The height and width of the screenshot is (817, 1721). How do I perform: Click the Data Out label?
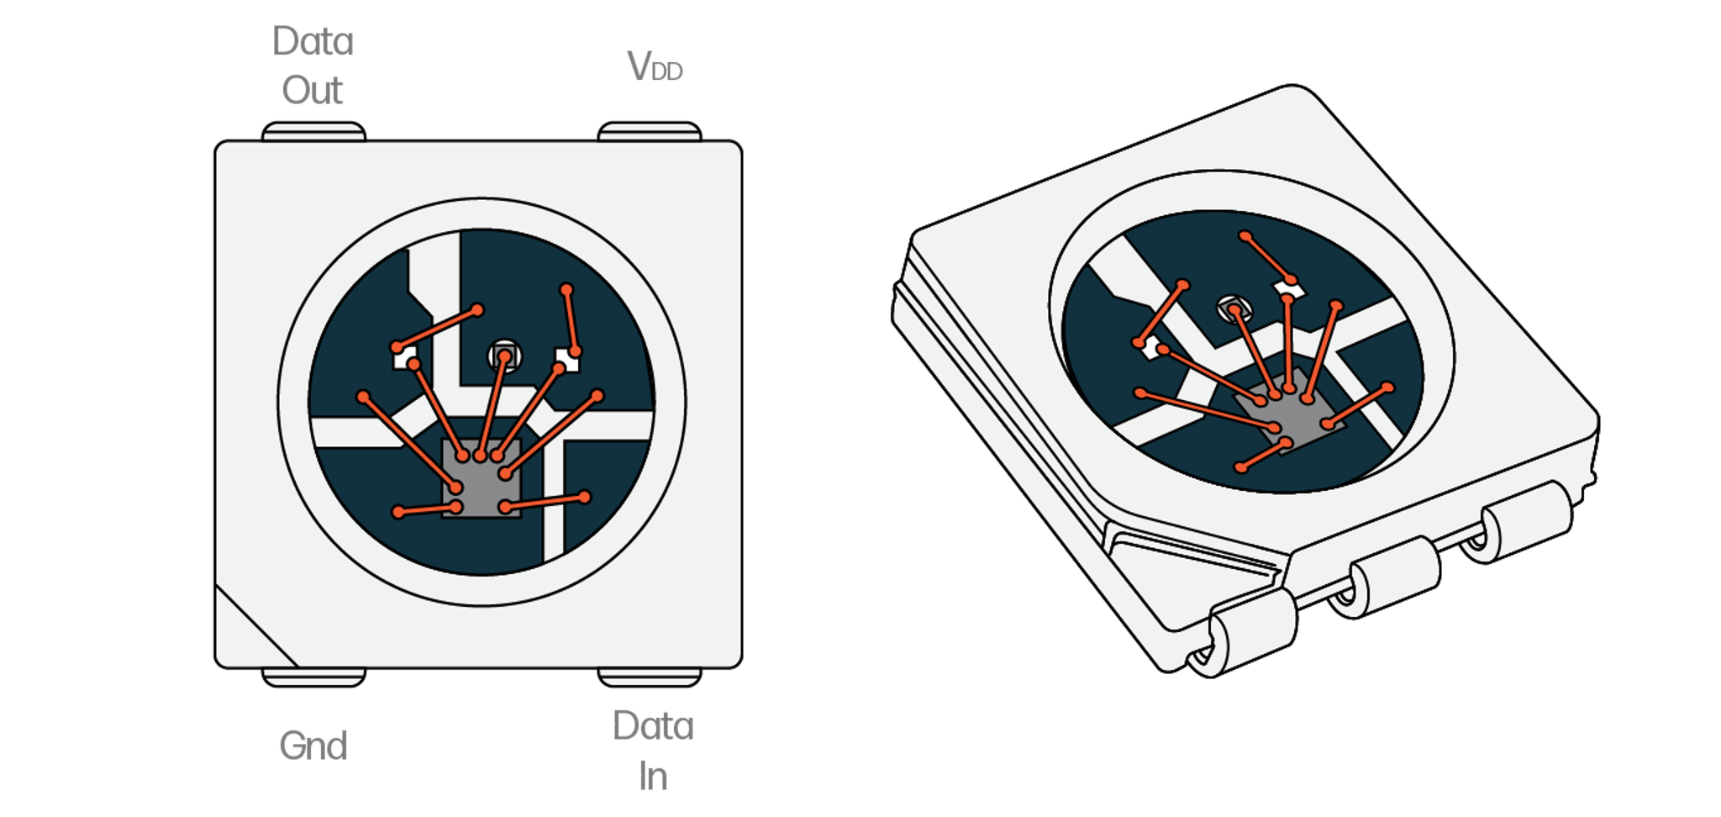[x=313, y=66]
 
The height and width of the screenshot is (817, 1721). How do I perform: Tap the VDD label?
[x=655, y=66]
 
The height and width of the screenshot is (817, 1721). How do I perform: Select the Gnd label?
[x=313, y=746]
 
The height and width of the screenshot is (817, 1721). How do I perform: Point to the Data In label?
[x=653, y=751]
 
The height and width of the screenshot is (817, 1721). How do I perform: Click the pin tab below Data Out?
[x=313, y=132]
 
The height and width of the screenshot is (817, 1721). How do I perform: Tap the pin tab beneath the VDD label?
[x=650, y=132]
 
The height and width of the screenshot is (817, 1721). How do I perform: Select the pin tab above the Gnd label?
[x=313, y=677]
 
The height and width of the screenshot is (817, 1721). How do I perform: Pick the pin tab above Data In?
[x=650, y=677]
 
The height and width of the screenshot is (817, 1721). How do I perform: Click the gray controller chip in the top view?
[x=482, y=479]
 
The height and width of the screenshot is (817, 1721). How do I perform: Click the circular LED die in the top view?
[x=504, y=356]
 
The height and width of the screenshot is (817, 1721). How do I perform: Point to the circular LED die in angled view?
[x=1233, y=309]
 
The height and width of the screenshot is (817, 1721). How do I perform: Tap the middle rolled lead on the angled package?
[x=1387, y=578]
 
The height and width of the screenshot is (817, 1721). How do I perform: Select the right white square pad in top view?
[x=567, y=361]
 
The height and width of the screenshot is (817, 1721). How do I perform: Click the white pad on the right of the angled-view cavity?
[x=1290, y=289]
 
